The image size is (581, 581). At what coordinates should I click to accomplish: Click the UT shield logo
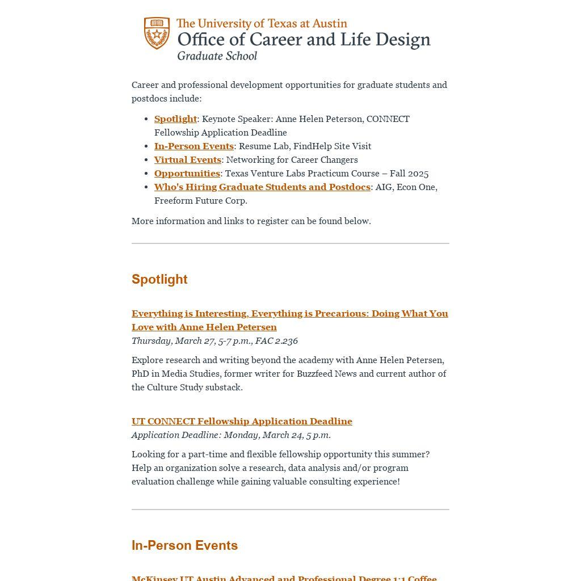[157, 33]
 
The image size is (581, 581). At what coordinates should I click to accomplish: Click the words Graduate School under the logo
[217, 56]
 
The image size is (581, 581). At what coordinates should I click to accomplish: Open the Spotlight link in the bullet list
[175, 119]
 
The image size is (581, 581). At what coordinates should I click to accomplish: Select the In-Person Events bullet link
[193, 146]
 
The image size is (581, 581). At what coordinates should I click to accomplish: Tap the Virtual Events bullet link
[187, 159]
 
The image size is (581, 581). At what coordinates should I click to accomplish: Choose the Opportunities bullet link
[187, 173]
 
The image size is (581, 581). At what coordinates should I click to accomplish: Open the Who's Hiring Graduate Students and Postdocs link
[262, 187]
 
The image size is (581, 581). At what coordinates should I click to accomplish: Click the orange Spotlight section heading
[159, 279]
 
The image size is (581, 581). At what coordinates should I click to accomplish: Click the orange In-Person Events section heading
[184, 545]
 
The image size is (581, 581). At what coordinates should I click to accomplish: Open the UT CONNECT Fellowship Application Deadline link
[242, 421]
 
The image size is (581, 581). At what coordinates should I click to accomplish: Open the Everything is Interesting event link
[289, 314]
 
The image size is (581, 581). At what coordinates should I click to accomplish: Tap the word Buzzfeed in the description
[314, 373]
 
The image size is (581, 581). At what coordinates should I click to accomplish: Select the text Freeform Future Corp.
[201, 200]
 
